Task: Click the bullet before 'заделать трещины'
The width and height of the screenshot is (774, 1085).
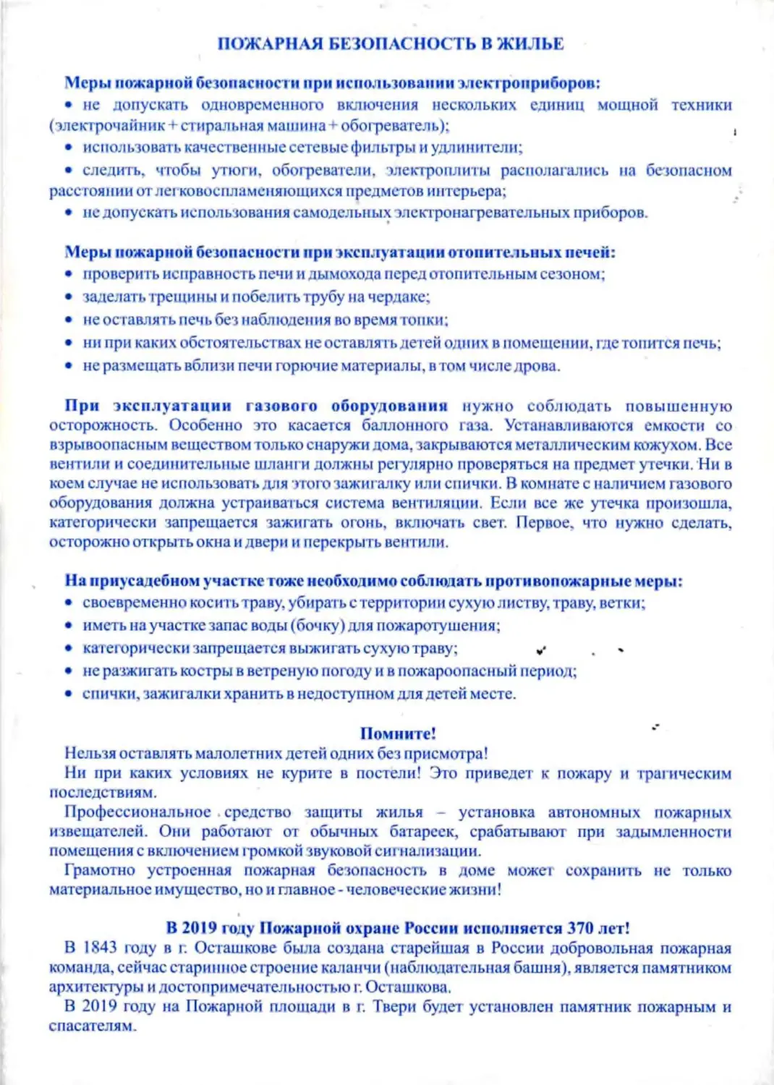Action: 69,297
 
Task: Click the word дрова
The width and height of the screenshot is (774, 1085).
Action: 537,366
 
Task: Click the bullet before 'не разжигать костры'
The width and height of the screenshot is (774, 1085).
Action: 69,671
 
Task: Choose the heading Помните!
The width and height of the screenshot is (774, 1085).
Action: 398,733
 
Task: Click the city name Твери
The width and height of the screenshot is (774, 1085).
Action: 394,1006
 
